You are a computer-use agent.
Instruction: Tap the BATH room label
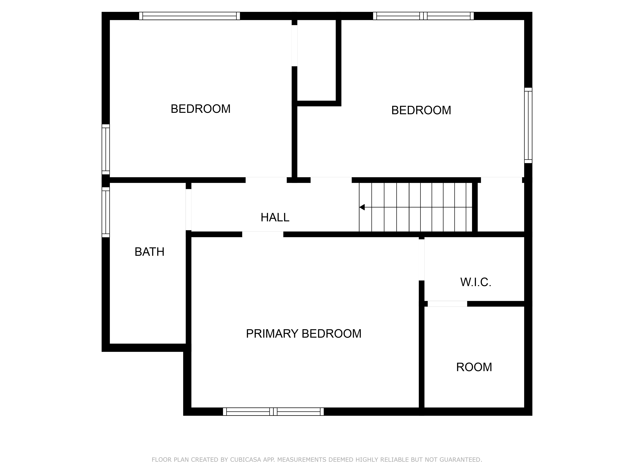[x=149, y=252]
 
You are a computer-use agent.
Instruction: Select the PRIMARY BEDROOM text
[x=304, y=334]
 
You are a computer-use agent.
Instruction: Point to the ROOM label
[x=474, y=367]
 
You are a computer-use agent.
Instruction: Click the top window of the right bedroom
[x=423, y=16]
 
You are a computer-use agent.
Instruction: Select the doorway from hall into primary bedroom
[x=262, y=234]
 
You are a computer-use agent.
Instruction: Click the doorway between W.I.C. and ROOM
[x=447, y=304]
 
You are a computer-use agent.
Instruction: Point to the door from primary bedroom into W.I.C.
[x=421, y=260]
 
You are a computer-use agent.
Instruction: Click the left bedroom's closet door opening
[x=294, y=46]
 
